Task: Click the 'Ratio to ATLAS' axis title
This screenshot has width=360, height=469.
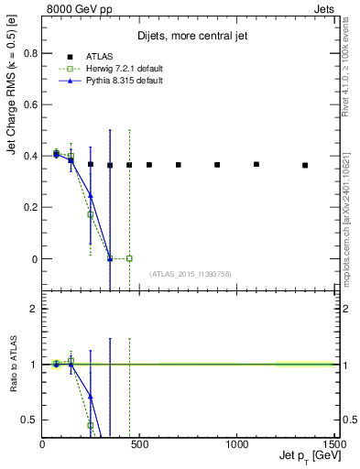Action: pyautogui.click(x=13, y=365)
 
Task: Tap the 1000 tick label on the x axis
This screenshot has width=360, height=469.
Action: pyautogui.click(x=236, y=444)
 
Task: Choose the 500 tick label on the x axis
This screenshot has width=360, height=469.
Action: pyautogui.click(x=138, y=444)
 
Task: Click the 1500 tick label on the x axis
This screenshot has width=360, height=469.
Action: pyautogui.click(x=333, y=444)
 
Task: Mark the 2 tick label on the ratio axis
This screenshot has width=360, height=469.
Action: pyautogui.click(x=34, y=309)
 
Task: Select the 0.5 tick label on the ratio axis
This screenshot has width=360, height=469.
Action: pyautogui.click(x=30, y=420)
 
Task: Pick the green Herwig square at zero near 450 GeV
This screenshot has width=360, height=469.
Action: pyautogui.click(x=129, y=258)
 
